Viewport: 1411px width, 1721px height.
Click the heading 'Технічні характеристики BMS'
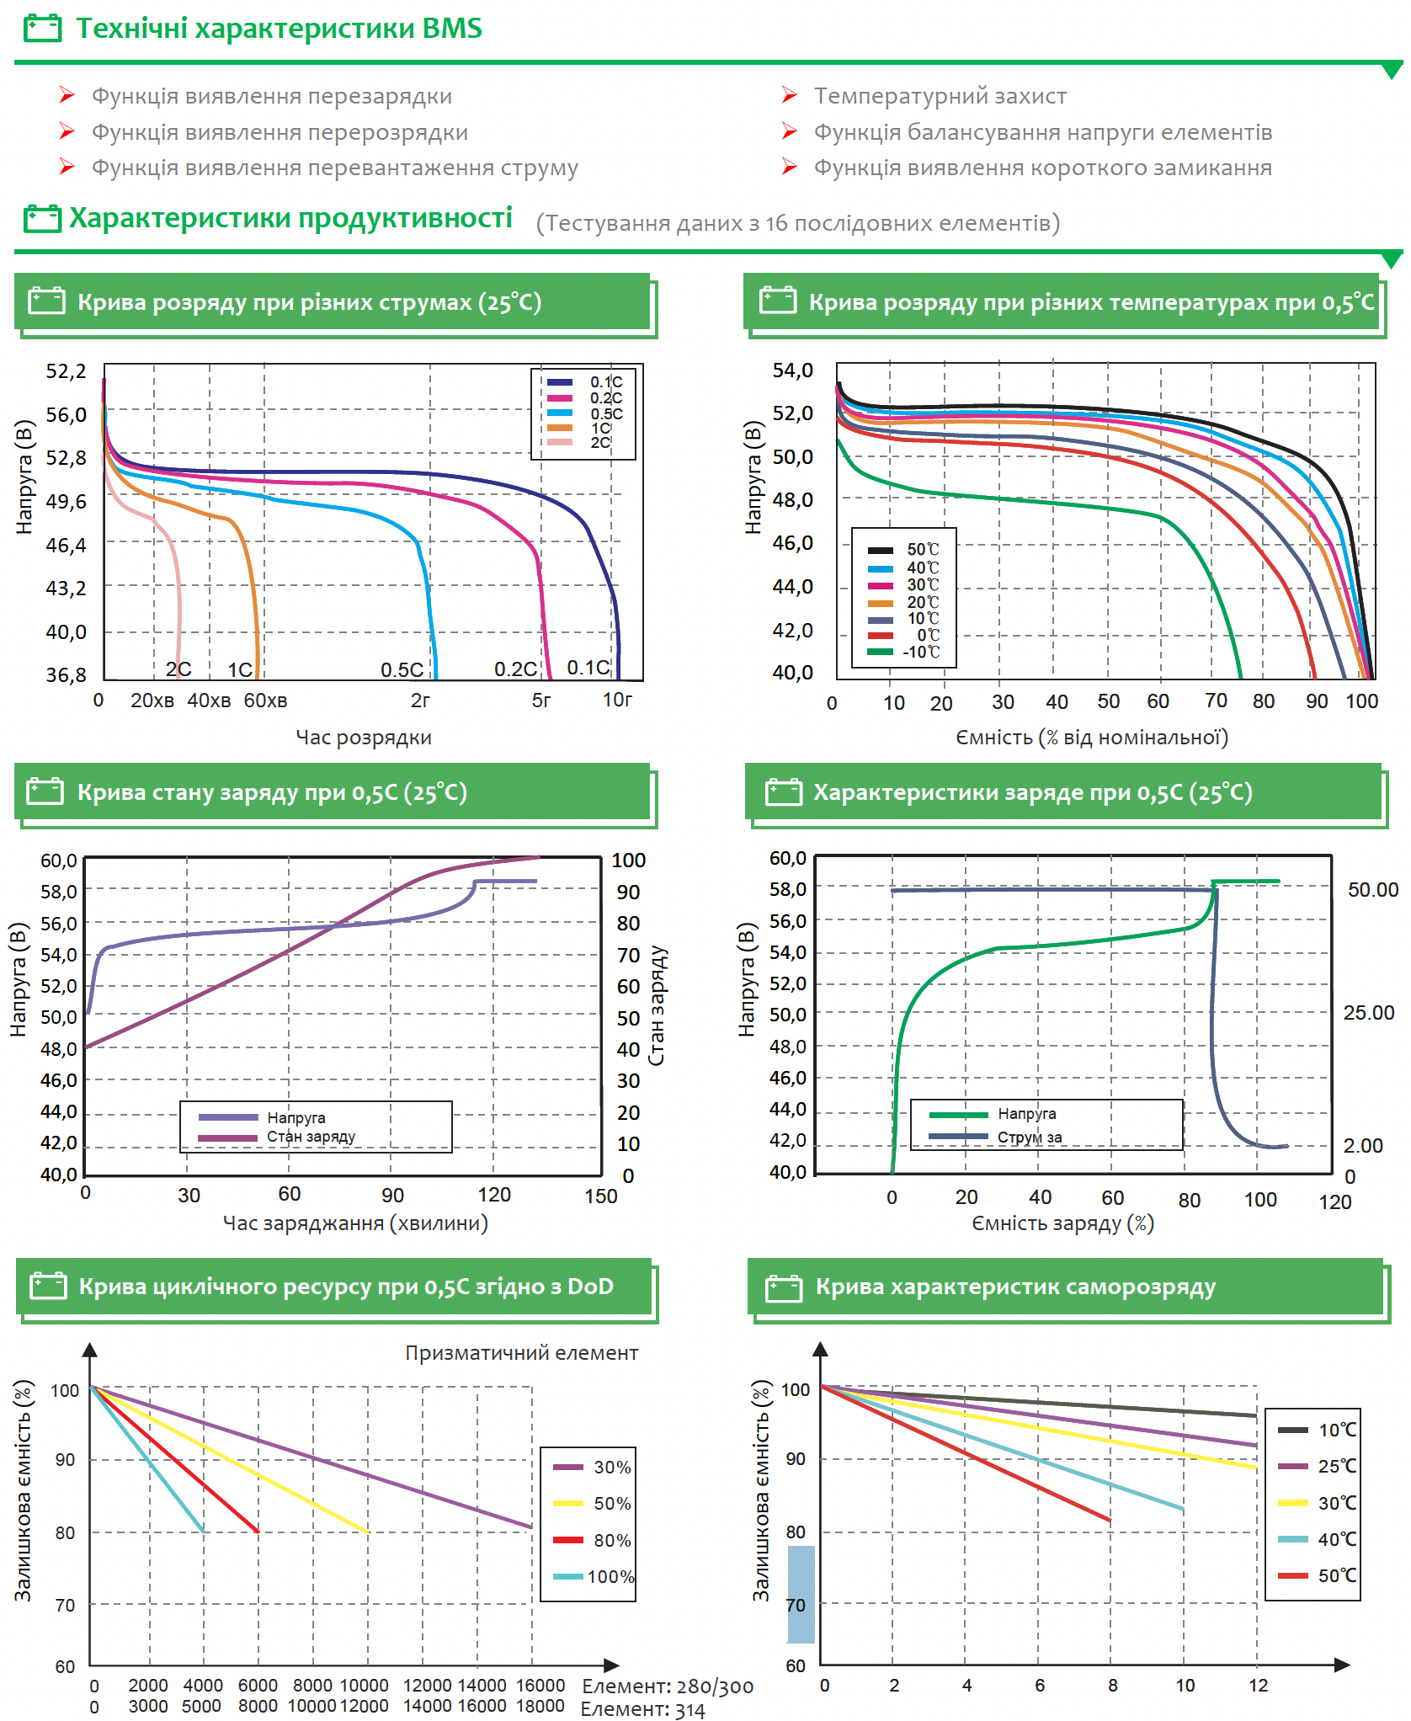[x=279, y=29]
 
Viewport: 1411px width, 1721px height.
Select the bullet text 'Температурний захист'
[x=940, y=96]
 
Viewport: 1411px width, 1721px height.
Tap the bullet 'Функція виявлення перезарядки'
[x=271, y=96]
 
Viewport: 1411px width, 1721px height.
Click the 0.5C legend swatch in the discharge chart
[x=560, y=413]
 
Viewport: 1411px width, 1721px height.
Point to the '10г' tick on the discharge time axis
[x=617, y=700]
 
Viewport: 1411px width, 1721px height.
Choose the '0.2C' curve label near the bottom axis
[x=514, y=669]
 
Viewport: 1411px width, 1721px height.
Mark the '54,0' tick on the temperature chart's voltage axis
[x=792, y=370]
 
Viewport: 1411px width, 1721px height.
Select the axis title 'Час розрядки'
[x=363, y=738]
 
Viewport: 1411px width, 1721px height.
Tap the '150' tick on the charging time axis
[x=601, y=1196]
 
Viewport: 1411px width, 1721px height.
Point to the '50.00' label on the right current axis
[x=1372, y=890]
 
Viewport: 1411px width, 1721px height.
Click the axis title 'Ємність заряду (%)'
[x=1062, y=1223]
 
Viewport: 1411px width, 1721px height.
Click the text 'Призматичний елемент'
[x=521, y=1353]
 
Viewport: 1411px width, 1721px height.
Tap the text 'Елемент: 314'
[x=642, y=1709]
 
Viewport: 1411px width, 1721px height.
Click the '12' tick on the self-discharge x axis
[x=1258, y=1685]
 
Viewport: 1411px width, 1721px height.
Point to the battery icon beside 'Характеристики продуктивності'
[x=42, y=219]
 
